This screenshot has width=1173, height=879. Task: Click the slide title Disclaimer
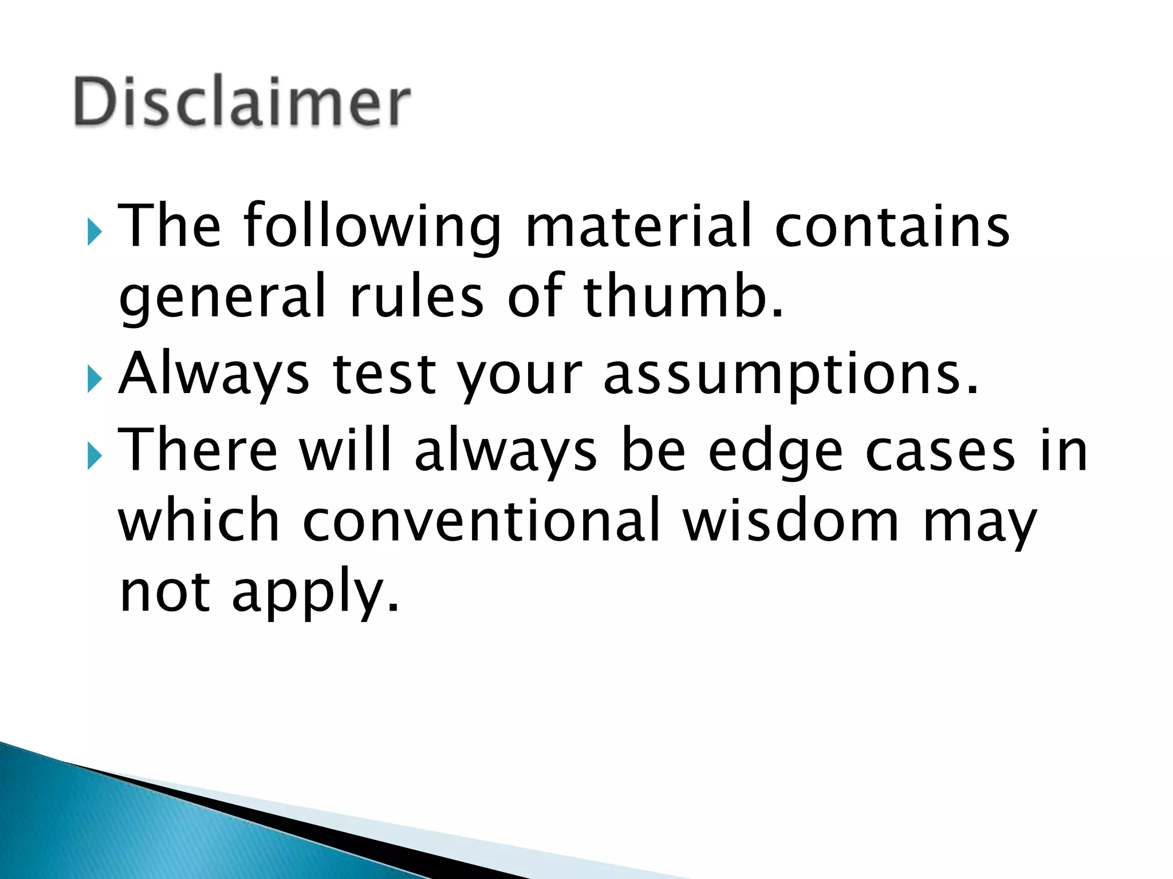242,102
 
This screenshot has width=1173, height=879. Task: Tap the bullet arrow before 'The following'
95,232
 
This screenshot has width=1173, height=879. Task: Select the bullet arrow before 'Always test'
95,379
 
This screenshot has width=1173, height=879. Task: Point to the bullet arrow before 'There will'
95,456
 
